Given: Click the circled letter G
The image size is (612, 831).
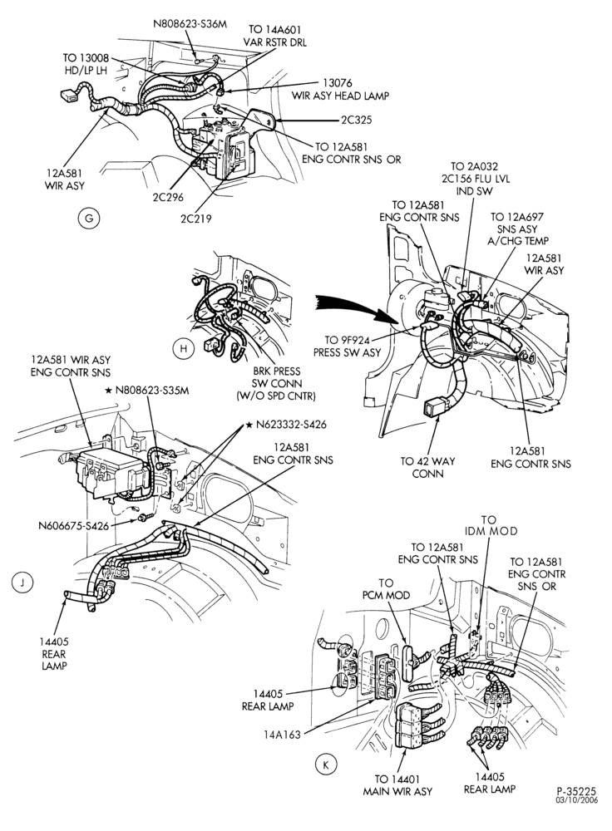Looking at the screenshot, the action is click(x=89, y=219).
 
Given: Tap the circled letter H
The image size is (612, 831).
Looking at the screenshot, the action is click(x=184, y=348).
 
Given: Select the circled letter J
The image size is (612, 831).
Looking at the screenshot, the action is click(x=22, y=583).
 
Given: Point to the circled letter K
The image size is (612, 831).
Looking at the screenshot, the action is click(x=326, y=765).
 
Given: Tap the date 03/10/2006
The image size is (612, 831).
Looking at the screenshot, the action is click(x=576, y=800).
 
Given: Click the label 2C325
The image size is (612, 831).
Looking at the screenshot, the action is click(x=357, y=120).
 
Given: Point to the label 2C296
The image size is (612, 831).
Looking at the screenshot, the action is click(x=168, y=197).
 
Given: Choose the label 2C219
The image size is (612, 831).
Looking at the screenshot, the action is click(x=195, y=219).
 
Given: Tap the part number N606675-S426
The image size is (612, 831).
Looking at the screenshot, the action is click(x=73, y=526).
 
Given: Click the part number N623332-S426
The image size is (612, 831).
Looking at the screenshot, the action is click(x=291, y=425).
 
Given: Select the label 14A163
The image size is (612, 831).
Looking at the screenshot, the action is click(x=282, y=735).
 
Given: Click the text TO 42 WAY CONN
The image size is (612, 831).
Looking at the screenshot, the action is click(x=427, y=467).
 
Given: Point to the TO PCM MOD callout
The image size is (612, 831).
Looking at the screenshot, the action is click(x=386, y=589).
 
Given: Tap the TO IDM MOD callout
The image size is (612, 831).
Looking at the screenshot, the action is click(x=491, y=525).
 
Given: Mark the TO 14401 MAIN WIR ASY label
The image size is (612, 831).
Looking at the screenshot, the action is click(x=397, y=785).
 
